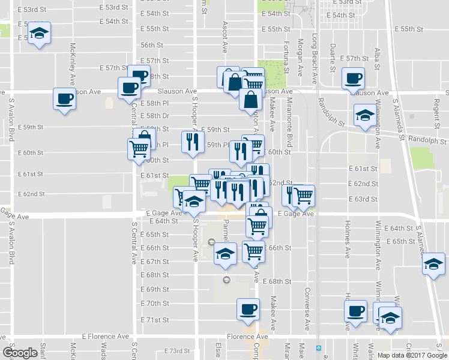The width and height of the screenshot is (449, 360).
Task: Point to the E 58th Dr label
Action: pyautogui.click(x=159, y=116)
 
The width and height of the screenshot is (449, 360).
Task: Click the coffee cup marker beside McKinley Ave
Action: pyautogui.click(x=64, y=99)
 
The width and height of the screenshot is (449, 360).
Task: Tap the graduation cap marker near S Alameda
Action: pyautogui.click(x=433, y=263)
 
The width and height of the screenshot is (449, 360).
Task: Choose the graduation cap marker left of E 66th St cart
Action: pyautogui.click(x=226, y=254)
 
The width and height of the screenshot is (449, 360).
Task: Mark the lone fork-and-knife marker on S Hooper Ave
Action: pyautogui.click(x=191, y=141)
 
